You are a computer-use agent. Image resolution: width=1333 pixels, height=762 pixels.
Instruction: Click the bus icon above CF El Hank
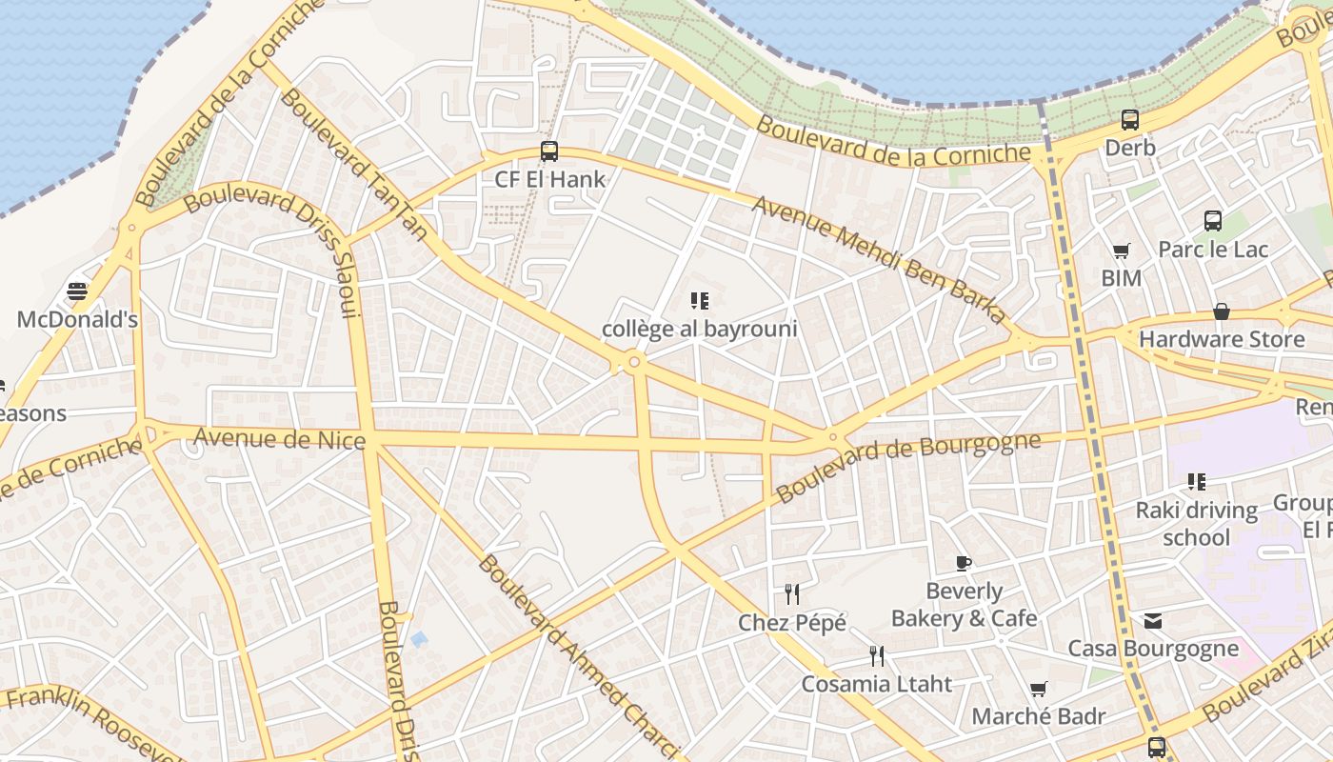549,150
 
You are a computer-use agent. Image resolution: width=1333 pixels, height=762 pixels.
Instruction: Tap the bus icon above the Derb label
1130,120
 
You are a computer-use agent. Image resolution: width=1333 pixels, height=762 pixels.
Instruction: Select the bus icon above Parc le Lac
1213,221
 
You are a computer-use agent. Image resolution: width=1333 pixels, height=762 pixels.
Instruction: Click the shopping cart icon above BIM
1121,251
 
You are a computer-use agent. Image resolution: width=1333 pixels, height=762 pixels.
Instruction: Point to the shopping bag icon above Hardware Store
1221,311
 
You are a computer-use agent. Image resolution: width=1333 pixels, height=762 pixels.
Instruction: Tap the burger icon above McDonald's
77,291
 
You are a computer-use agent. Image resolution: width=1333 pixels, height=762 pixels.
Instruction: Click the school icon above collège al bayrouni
700,301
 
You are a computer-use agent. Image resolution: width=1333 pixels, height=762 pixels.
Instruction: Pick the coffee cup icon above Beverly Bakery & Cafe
964,563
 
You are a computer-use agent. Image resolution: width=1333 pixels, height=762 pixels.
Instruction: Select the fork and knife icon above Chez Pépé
792,594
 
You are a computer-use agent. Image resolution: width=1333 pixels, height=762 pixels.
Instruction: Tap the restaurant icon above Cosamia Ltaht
877,655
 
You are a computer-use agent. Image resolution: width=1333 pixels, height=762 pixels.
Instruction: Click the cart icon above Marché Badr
1038,689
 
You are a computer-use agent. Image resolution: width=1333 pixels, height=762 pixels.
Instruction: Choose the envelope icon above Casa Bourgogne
1153,621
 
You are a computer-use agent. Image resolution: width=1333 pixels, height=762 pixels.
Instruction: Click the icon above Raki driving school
1197,482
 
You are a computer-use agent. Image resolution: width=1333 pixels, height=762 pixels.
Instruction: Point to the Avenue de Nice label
280,439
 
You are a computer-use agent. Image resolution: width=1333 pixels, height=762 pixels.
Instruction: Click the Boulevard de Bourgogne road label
908,467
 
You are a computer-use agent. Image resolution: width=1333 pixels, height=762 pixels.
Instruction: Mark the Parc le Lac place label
1213,250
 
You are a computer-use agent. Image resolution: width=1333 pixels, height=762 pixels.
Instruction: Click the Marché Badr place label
1038,716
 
